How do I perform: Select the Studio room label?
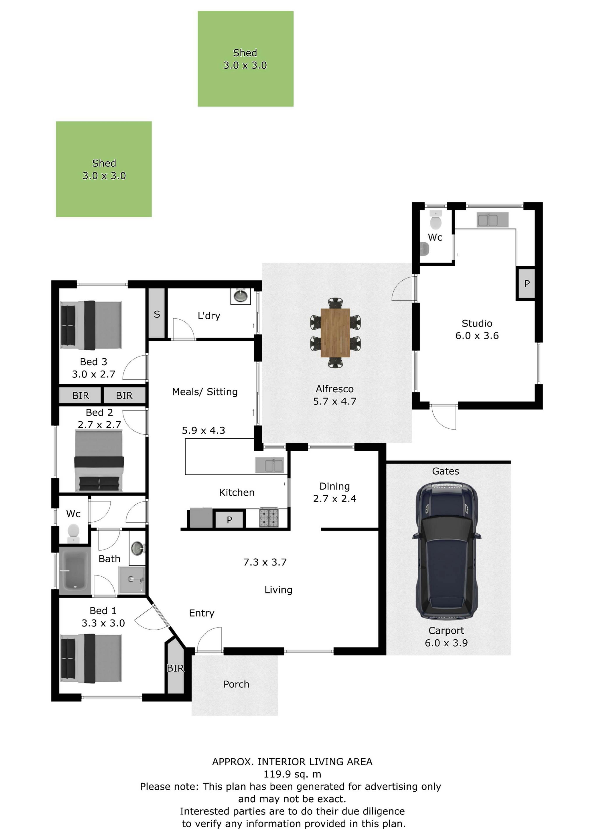tap(477, 323)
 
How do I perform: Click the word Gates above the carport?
tap(445, 471)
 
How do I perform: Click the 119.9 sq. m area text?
tap(293, 774)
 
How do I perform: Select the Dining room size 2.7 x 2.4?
tap(335, 499)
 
